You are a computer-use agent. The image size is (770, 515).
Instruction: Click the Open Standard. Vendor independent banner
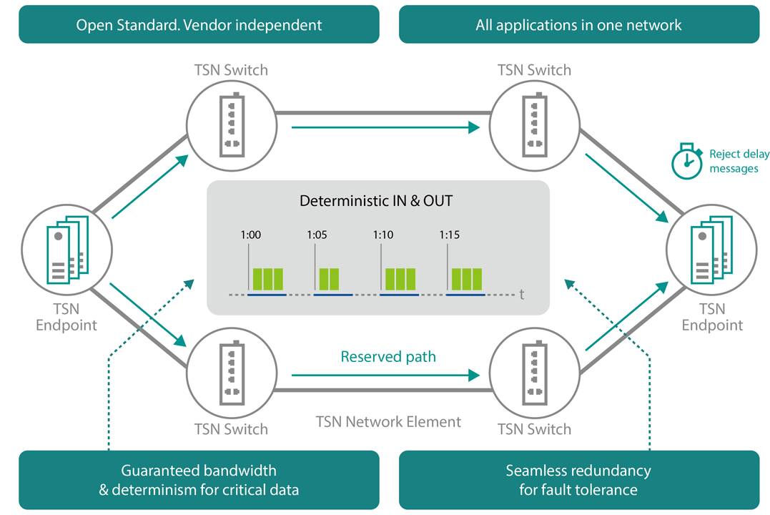(199, 25)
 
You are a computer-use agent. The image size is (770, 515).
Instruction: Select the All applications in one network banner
(578, 25)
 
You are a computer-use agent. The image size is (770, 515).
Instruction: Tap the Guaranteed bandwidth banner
(199, 480)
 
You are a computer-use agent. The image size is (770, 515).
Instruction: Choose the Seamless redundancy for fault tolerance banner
(578, 480)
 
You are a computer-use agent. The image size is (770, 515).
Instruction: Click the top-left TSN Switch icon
(231, 124)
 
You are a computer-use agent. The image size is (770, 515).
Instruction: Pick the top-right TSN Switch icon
(535, 124)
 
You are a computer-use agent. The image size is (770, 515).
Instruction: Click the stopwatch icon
(686, 161)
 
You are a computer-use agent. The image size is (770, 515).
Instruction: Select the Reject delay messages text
(734, 161)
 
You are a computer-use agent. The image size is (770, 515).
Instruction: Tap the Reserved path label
(388, 356)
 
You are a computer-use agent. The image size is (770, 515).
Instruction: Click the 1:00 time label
(250, 235)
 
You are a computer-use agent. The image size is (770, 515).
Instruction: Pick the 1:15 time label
(449, 235)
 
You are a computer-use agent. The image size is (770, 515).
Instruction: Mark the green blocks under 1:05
(329, 278)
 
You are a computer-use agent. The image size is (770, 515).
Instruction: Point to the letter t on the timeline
(522, 294)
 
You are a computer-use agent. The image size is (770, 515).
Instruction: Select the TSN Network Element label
(388, 421)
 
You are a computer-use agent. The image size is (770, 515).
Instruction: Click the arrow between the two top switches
(385, 128)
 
